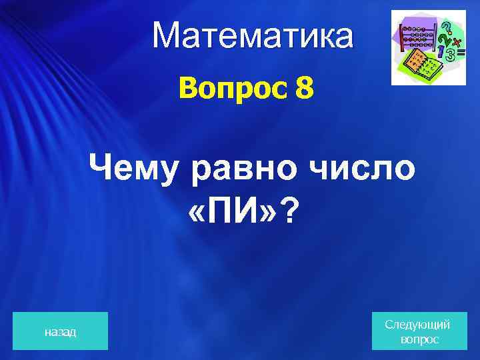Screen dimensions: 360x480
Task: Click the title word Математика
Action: (x=253, y=37)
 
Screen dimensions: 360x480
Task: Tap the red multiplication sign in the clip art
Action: (x=457, y=41)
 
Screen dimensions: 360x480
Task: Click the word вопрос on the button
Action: (x=419, y=339)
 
